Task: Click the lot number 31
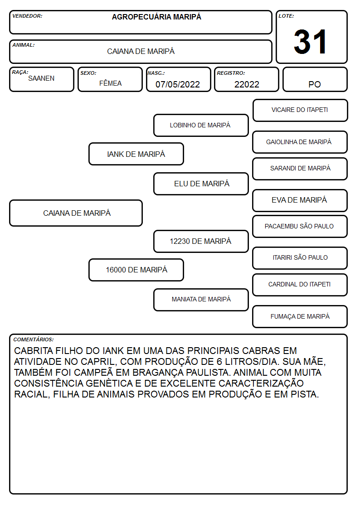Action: tap(310, 42)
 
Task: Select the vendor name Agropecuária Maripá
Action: tap(156, 17)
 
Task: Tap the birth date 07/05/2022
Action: tap(178, 84)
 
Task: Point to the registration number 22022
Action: tap(247, 84)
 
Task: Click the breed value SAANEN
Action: tap(41, 78)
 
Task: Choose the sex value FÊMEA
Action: tap(110, 83)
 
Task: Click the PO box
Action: tap(315, 79)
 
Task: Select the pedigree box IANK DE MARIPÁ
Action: tap(136, 154)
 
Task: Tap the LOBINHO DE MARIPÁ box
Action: tap(201, 125)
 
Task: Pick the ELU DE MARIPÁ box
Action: tap(201, 184)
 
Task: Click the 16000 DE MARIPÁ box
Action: tap(136, 270)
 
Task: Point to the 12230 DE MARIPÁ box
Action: tap(201, 241)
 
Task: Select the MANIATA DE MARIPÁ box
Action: tap(201, 300)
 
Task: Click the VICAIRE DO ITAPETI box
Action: tap(300, 111)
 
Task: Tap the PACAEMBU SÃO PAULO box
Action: tap(300, 226)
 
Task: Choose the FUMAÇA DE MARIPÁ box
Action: tap(300, 316)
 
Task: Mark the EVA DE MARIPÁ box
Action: tap(300, 200)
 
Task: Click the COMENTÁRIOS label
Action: tap(34, 339)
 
